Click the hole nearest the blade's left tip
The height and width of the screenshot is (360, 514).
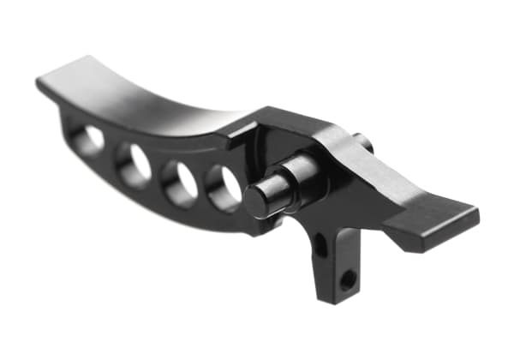point(89,139)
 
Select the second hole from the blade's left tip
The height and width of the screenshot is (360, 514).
point(134,164)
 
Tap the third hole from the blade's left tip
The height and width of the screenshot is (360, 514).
point(181,183)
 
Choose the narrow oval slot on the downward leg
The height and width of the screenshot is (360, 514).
point(320,246)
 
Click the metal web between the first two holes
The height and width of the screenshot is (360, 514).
point(111,153)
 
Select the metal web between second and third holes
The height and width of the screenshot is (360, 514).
point(158,175)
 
